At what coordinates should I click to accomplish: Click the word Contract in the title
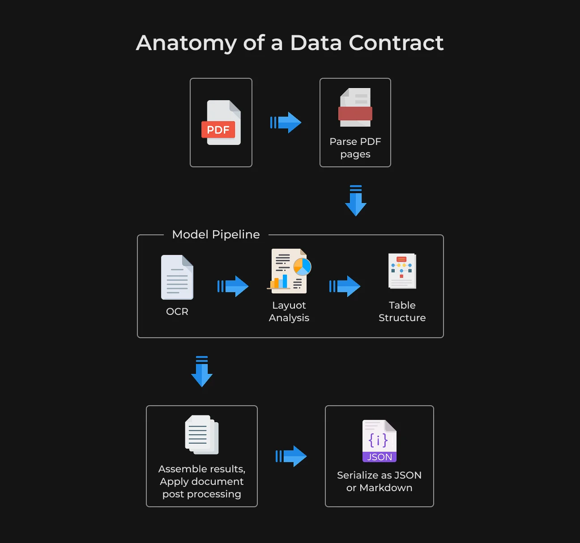(396, 43)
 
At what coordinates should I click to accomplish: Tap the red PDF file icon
(221, 123)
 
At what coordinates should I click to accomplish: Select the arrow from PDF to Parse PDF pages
(286, 123)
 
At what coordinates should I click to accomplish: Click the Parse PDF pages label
(355, 148)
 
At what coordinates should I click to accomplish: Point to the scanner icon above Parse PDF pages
(355, 107)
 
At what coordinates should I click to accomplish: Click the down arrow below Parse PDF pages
(356, 200)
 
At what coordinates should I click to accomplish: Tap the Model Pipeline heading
(216, 234)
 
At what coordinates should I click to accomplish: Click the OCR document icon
(177, 277)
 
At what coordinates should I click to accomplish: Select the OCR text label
(177, 311)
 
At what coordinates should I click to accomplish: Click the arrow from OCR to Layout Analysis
(233, 286)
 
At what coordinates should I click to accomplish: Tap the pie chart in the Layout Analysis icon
(302, 267)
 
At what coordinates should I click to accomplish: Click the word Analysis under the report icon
(289, 318)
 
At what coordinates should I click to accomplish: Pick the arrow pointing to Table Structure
(345, 286)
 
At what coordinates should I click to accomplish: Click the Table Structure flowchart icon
(402, 271)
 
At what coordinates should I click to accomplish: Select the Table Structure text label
(402, 311)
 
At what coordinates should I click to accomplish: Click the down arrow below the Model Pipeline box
(202, 371)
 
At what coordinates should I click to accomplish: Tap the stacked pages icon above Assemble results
(202, 435)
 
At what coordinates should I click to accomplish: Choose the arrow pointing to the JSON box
(291, 456)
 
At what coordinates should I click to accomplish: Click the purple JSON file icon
(380, 441)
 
